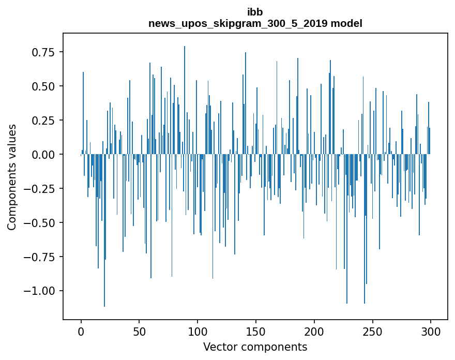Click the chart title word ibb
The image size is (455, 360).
[255, 12]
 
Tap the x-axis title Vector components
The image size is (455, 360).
[255, 347]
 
